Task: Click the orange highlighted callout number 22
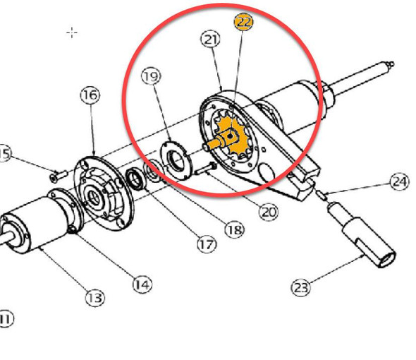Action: pos(243,22)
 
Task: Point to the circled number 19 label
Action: pos(149,75)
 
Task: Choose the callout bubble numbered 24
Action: pos(400,183)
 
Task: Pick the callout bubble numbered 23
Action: pos(300,287)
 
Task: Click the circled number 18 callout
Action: pos(234,229)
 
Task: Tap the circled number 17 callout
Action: pos(206,245)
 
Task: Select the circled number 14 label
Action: pos(142,284)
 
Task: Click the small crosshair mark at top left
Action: pos(71,32)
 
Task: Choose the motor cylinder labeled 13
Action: pos(35,226)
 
